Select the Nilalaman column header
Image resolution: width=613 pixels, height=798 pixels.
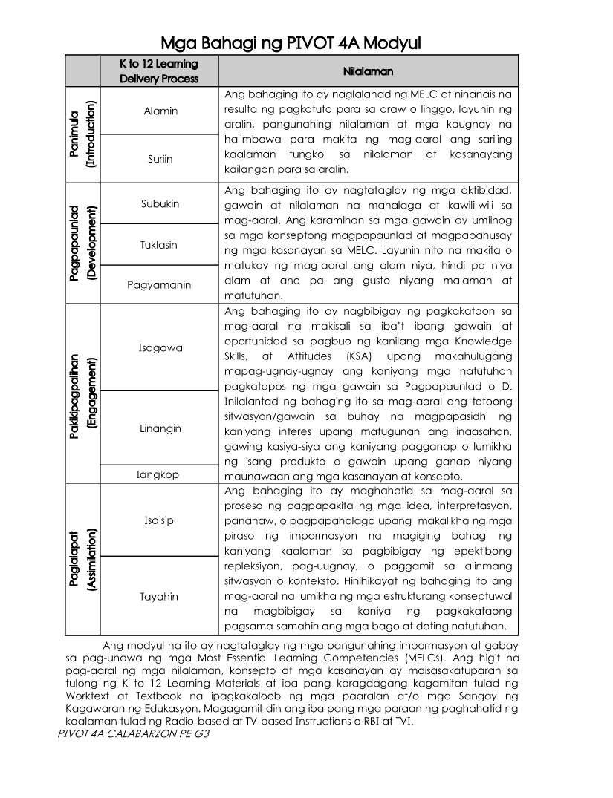pos(368,71)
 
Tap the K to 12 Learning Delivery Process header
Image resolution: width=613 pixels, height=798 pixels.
pos(159,71)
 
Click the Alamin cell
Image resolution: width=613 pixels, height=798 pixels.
pos(160,111)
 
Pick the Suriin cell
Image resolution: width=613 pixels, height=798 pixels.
pos(160,158)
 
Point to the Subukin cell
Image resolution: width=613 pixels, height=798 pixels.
pos(160,203)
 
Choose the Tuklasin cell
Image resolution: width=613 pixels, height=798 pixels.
pos(160,244)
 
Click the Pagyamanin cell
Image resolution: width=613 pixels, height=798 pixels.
pos(159,284)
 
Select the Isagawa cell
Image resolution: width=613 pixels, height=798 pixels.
pos(160,347)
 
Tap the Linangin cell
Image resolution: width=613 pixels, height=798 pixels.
pos(160,428)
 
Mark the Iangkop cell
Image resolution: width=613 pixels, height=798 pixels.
pos(158,474)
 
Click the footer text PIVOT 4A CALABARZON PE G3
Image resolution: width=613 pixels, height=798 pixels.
pos(131,733)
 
